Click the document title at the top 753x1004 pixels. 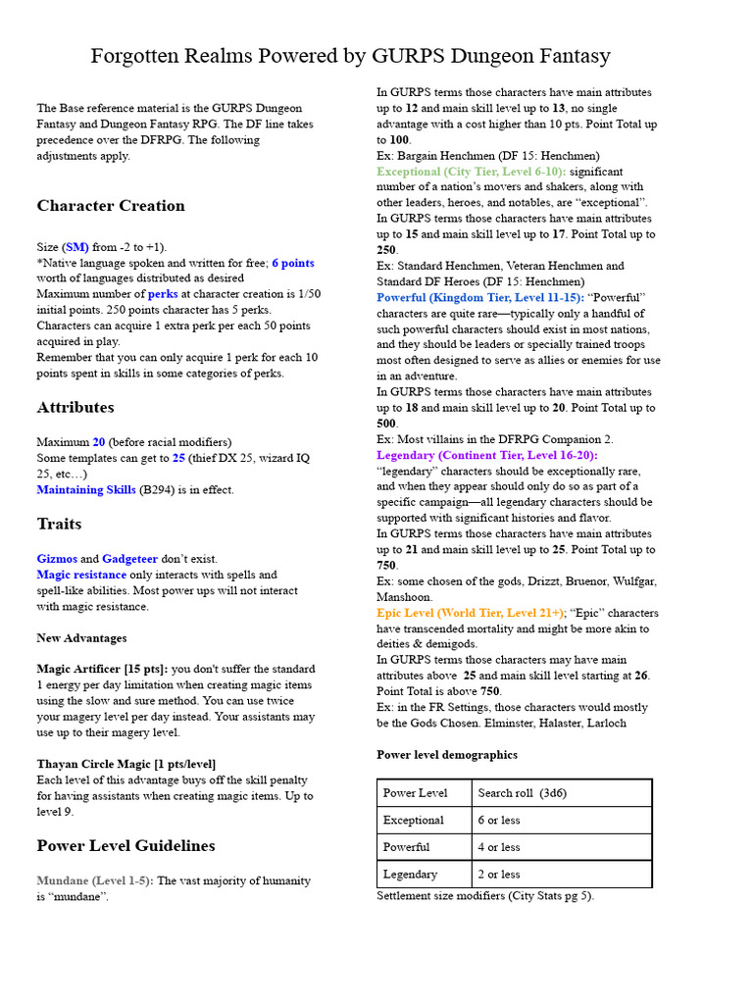point(350,56)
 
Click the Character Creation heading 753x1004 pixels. point(111,206)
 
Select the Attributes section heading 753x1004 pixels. point(75,407)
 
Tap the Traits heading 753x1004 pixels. point(59,524)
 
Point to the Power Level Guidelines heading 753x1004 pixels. point(125,845)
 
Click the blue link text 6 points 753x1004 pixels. point(293,263)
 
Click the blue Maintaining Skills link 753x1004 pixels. point(86,490)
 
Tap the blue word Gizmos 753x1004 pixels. point(57,559)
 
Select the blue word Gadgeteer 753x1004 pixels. point(129,559)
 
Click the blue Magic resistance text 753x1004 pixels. point(81,575)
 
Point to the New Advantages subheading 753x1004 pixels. point(81,638)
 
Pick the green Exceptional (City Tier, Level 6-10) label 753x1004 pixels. point(472,172)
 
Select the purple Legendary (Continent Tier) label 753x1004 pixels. point(487,455)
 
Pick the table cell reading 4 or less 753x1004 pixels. point(499,847)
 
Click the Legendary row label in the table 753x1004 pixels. point(411,875)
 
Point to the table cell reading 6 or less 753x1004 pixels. point(499,821)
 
